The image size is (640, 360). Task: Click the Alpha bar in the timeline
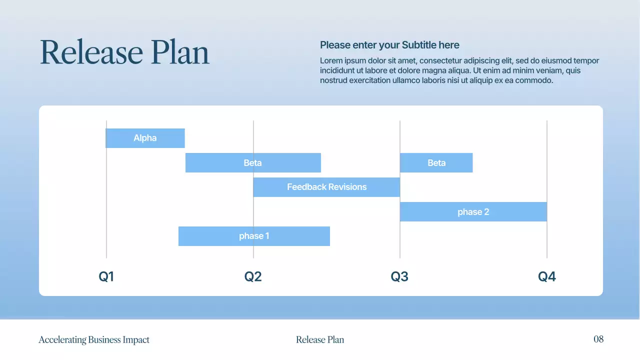[145, 138]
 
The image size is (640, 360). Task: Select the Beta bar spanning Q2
[253, 163]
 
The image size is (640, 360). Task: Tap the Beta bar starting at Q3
[436, 163]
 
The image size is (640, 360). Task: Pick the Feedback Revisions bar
[326, 187]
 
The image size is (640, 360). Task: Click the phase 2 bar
[473, 212]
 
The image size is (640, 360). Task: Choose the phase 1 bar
[254, 236]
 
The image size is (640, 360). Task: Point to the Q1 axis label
[106, 276]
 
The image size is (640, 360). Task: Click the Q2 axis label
[253, 276]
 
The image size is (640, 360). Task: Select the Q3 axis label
[399, 276]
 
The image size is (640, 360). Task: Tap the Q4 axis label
[546, 276]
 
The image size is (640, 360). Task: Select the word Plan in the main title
[180, 52]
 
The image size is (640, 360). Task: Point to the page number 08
[598, 339]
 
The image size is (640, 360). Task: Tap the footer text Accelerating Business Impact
[94, 340]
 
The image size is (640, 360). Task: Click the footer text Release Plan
[320, 340]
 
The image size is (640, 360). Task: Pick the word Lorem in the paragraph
[331, 61]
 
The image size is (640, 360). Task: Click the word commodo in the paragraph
[534, 80]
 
